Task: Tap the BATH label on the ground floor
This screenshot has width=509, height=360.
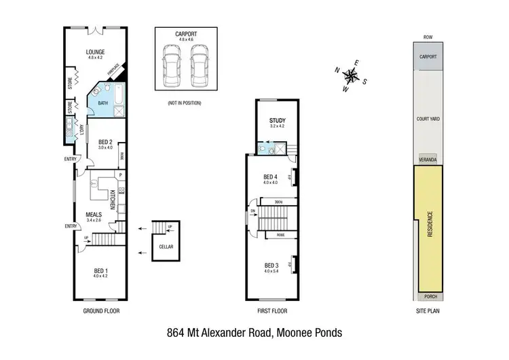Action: tap(102, 103)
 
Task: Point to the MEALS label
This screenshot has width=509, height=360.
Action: tap(94, 213)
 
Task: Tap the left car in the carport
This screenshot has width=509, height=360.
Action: tap(170, 67)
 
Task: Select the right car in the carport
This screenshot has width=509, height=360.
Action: tap(198, 67)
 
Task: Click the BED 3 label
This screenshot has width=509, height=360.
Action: tap(271, 264)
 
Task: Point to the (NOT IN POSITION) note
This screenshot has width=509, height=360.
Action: tap(185, 103)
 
